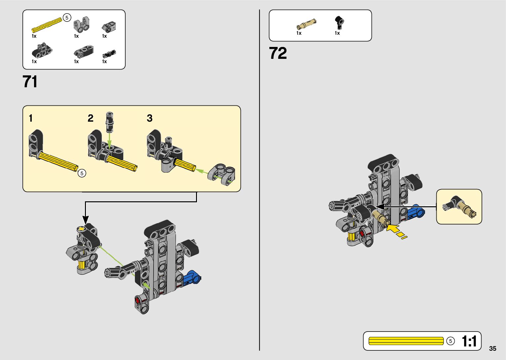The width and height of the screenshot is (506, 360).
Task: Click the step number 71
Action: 30,82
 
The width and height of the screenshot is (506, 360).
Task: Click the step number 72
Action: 278,53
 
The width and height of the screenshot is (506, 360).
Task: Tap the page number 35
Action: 492,348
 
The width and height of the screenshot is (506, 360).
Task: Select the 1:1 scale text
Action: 469,341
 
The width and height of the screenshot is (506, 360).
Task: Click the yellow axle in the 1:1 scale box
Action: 406,341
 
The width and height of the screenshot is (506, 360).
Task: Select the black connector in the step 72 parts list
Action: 339,22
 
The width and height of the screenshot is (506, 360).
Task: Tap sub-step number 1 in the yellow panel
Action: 31,118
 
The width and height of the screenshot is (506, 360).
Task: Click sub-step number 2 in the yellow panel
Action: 91,118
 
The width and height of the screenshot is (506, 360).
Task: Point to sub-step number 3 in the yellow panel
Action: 150,118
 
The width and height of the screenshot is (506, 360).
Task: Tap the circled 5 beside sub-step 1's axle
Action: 82,173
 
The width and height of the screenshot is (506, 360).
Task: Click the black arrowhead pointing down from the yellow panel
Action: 86,220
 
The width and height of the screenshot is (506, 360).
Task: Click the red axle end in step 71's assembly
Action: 137,300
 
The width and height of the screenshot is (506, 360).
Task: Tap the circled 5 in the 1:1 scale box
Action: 450,341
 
